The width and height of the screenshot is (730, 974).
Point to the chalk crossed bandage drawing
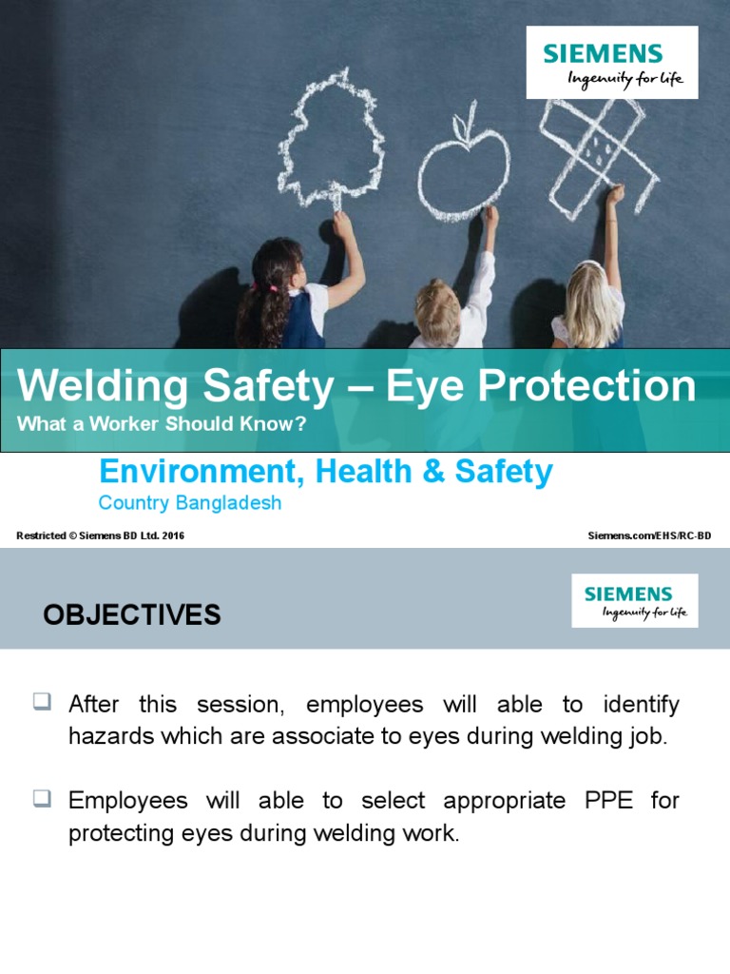click(x=595, y=151)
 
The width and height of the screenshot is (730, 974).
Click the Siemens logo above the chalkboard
click(x=612, y=62)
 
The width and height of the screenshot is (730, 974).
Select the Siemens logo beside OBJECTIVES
click(x=634, y=600)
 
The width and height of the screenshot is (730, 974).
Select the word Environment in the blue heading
click(x=193, y=472)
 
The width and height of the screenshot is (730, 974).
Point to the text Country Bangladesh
click(x=190, y=503)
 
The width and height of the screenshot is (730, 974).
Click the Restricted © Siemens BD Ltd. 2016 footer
click(x=101, y=536)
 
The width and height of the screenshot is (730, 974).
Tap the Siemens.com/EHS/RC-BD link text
click(x=650, y=536)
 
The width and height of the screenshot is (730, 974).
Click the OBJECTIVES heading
click(x=132, y=615)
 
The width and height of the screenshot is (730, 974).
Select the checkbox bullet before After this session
click(x=42, y=703)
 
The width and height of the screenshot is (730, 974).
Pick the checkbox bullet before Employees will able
click(x=42, y=799)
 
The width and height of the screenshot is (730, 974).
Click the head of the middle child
click(x=437, y=311)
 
